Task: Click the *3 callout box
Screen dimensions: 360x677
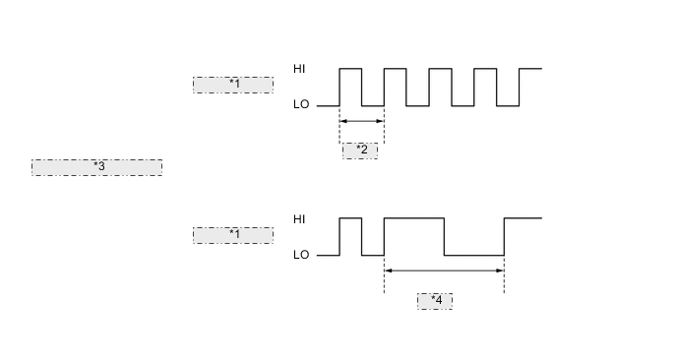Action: [x=96, y=167]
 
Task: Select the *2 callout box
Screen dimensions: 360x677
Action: [x=360, y=150]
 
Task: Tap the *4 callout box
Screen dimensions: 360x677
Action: [x=435, y=301]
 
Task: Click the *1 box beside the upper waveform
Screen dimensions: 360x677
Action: [x=233, y=85]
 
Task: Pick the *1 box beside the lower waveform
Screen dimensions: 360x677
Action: [x=233, y=235]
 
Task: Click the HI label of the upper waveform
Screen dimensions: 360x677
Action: [x=300, y=69]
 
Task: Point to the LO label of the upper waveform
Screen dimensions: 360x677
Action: [x=301, y=104]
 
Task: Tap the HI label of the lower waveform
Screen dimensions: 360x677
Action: [x=300, y=218]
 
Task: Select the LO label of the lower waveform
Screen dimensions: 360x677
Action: [x=301, y=255]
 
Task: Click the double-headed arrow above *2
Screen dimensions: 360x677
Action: [x=361, y=122]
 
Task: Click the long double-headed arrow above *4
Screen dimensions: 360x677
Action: [x=444, y=270]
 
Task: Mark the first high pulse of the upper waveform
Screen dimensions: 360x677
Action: [x=350, y=70]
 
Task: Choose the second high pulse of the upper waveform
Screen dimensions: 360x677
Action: [x=395, y=70]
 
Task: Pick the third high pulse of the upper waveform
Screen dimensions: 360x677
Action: [x=440, y=70]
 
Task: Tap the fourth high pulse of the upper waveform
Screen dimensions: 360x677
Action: [x=485, y=70]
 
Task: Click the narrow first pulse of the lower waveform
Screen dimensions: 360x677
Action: [x=350, y=219]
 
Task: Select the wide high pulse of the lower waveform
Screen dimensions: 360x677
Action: [x=413, y=218]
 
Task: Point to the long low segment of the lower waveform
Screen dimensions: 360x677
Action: [x=473, y=255]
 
